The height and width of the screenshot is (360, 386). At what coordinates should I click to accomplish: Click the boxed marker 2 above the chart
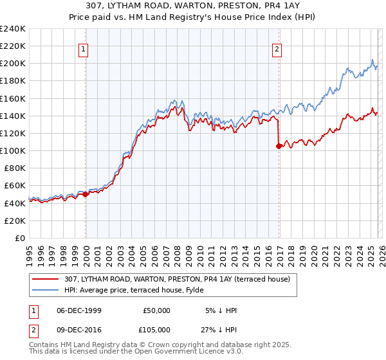(x=277, y=50)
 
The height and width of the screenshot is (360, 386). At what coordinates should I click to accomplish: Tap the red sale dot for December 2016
(x=279, y=146)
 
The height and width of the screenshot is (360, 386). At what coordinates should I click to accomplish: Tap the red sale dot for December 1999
(x=86, y=194)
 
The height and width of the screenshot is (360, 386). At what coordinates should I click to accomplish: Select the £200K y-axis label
(x=12, y=64)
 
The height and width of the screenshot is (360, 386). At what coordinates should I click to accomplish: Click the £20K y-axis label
(x=14, y=221)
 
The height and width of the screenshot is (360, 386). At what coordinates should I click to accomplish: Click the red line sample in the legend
(x=47, y=279)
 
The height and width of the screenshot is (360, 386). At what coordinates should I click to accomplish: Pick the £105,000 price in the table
(x=157, y=330)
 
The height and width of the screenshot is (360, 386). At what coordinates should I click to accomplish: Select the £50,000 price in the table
(x=157, y=310)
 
